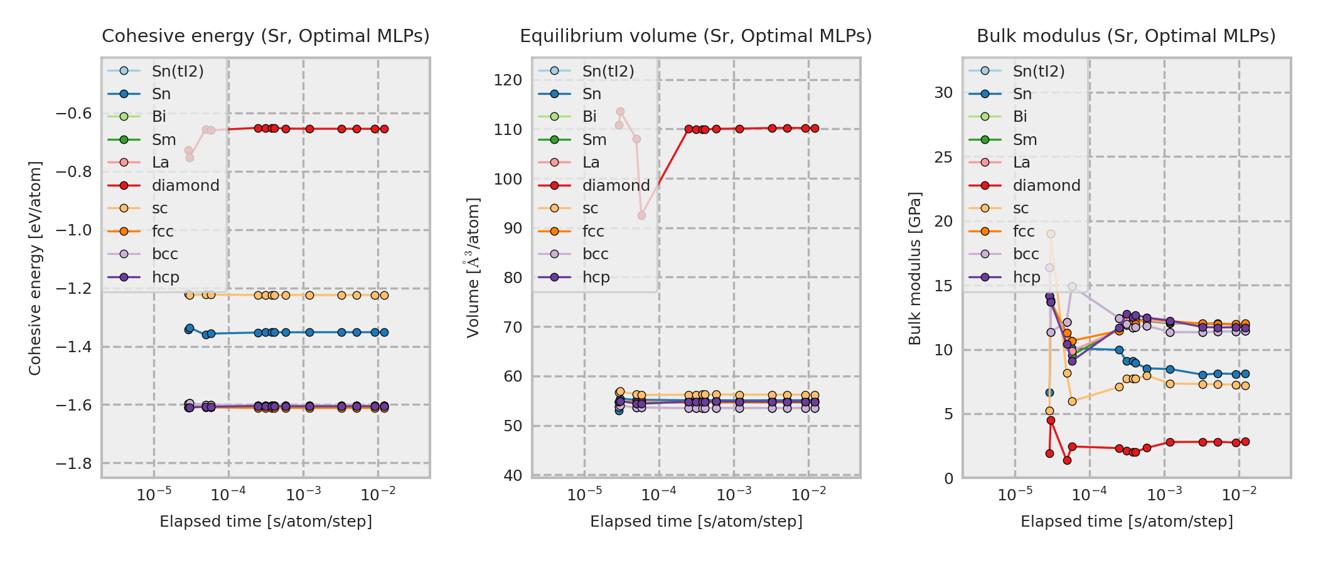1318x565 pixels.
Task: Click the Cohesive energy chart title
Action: (x=265, y=36)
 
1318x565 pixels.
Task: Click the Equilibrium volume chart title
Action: (x=696, y=36)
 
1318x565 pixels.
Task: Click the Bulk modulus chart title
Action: (x=1126, y=36)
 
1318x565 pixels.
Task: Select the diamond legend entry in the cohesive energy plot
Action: (x=185, y=186)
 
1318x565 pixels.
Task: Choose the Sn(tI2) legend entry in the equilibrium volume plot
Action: (x=608, y=72)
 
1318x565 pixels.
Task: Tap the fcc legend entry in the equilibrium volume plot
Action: (x=592, y=232)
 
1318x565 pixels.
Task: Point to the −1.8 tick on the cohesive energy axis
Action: (x=73, y=464)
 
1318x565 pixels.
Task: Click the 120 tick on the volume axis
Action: (x=508, y=80)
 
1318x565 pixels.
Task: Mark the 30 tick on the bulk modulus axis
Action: (x=943, y=93)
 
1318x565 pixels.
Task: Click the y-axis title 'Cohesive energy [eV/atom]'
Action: (x=35, y=269)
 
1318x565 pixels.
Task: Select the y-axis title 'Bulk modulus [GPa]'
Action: (x=915, y=269)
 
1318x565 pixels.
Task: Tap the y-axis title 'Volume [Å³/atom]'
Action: (x=473, y=269)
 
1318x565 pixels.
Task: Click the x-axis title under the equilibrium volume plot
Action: (x=696, y=522)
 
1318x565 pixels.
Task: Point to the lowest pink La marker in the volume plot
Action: (x=641, y=216)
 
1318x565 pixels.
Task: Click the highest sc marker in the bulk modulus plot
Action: (x=1051, y=234)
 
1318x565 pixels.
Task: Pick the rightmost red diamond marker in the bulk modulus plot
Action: (x=1245, y=442)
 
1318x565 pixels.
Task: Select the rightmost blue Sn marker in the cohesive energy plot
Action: (x=384, y=333)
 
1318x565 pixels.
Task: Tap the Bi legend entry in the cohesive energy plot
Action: (x=159, y=117)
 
